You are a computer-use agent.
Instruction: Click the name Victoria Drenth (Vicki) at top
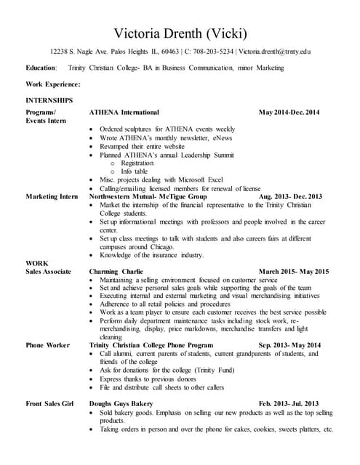point(180,33)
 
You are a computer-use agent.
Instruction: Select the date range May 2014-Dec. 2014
point(289,113)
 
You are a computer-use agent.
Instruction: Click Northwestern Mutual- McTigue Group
point(148,197)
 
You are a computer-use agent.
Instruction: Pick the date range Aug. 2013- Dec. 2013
point(289,197)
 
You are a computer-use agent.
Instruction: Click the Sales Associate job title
point(48,272)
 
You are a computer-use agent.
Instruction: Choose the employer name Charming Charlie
point(116,272)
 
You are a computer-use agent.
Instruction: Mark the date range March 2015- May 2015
point(294,272)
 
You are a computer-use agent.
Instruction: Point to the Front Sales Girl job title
point(51,403)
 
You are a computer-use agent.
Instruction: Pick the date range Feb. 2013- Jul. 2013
point(289,403)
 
